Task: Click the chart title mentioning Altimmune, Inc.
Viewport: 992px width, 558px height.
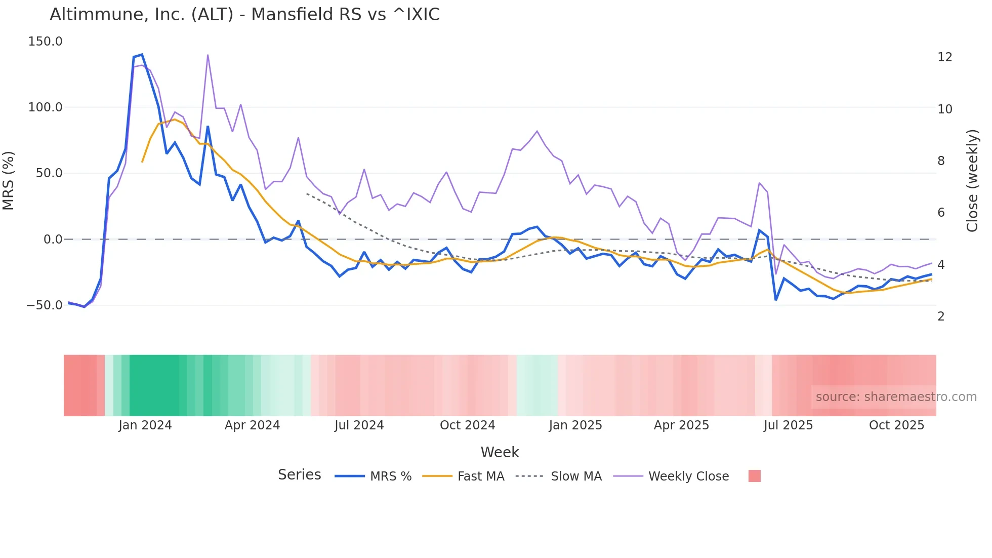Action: click(244, 15)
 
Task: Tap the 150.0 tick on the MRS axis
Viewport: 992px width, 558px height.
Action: click(45, 42)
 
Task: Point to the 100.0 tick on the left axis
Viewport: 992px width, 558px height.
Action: click(45, 107)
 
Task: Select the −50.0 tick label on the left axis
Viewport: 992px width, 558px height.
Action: click(44, 305)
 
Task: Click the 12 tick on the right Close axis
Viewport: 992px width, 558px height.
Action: click(944, 57)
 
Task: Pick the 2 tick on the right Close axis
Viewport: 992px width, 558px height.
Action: click(941, 316)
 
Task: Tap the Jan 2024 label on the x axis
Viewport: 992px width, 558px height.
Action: click(145, 425)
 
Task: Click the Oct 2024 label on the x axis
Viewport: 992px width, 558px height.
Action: click(467, 425)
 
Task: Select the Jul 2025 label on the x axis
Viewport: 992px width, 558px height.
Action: click(788, 425)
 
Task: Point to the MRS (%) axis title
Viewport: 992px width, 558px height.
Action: click(9, 180)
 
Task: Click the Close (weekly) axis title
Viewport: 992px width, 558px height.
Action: click(972, 180)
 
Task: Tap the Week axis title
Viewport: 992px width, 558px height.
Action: click(500, 452)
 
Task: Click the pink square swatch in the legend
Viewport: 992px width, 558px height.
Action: click(754, 476)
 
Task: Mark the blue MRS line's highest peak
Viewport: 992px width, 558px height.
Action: click(142, 54)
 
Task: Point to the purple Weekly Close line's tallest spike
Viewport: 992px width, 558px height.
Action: click(208, 55)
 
